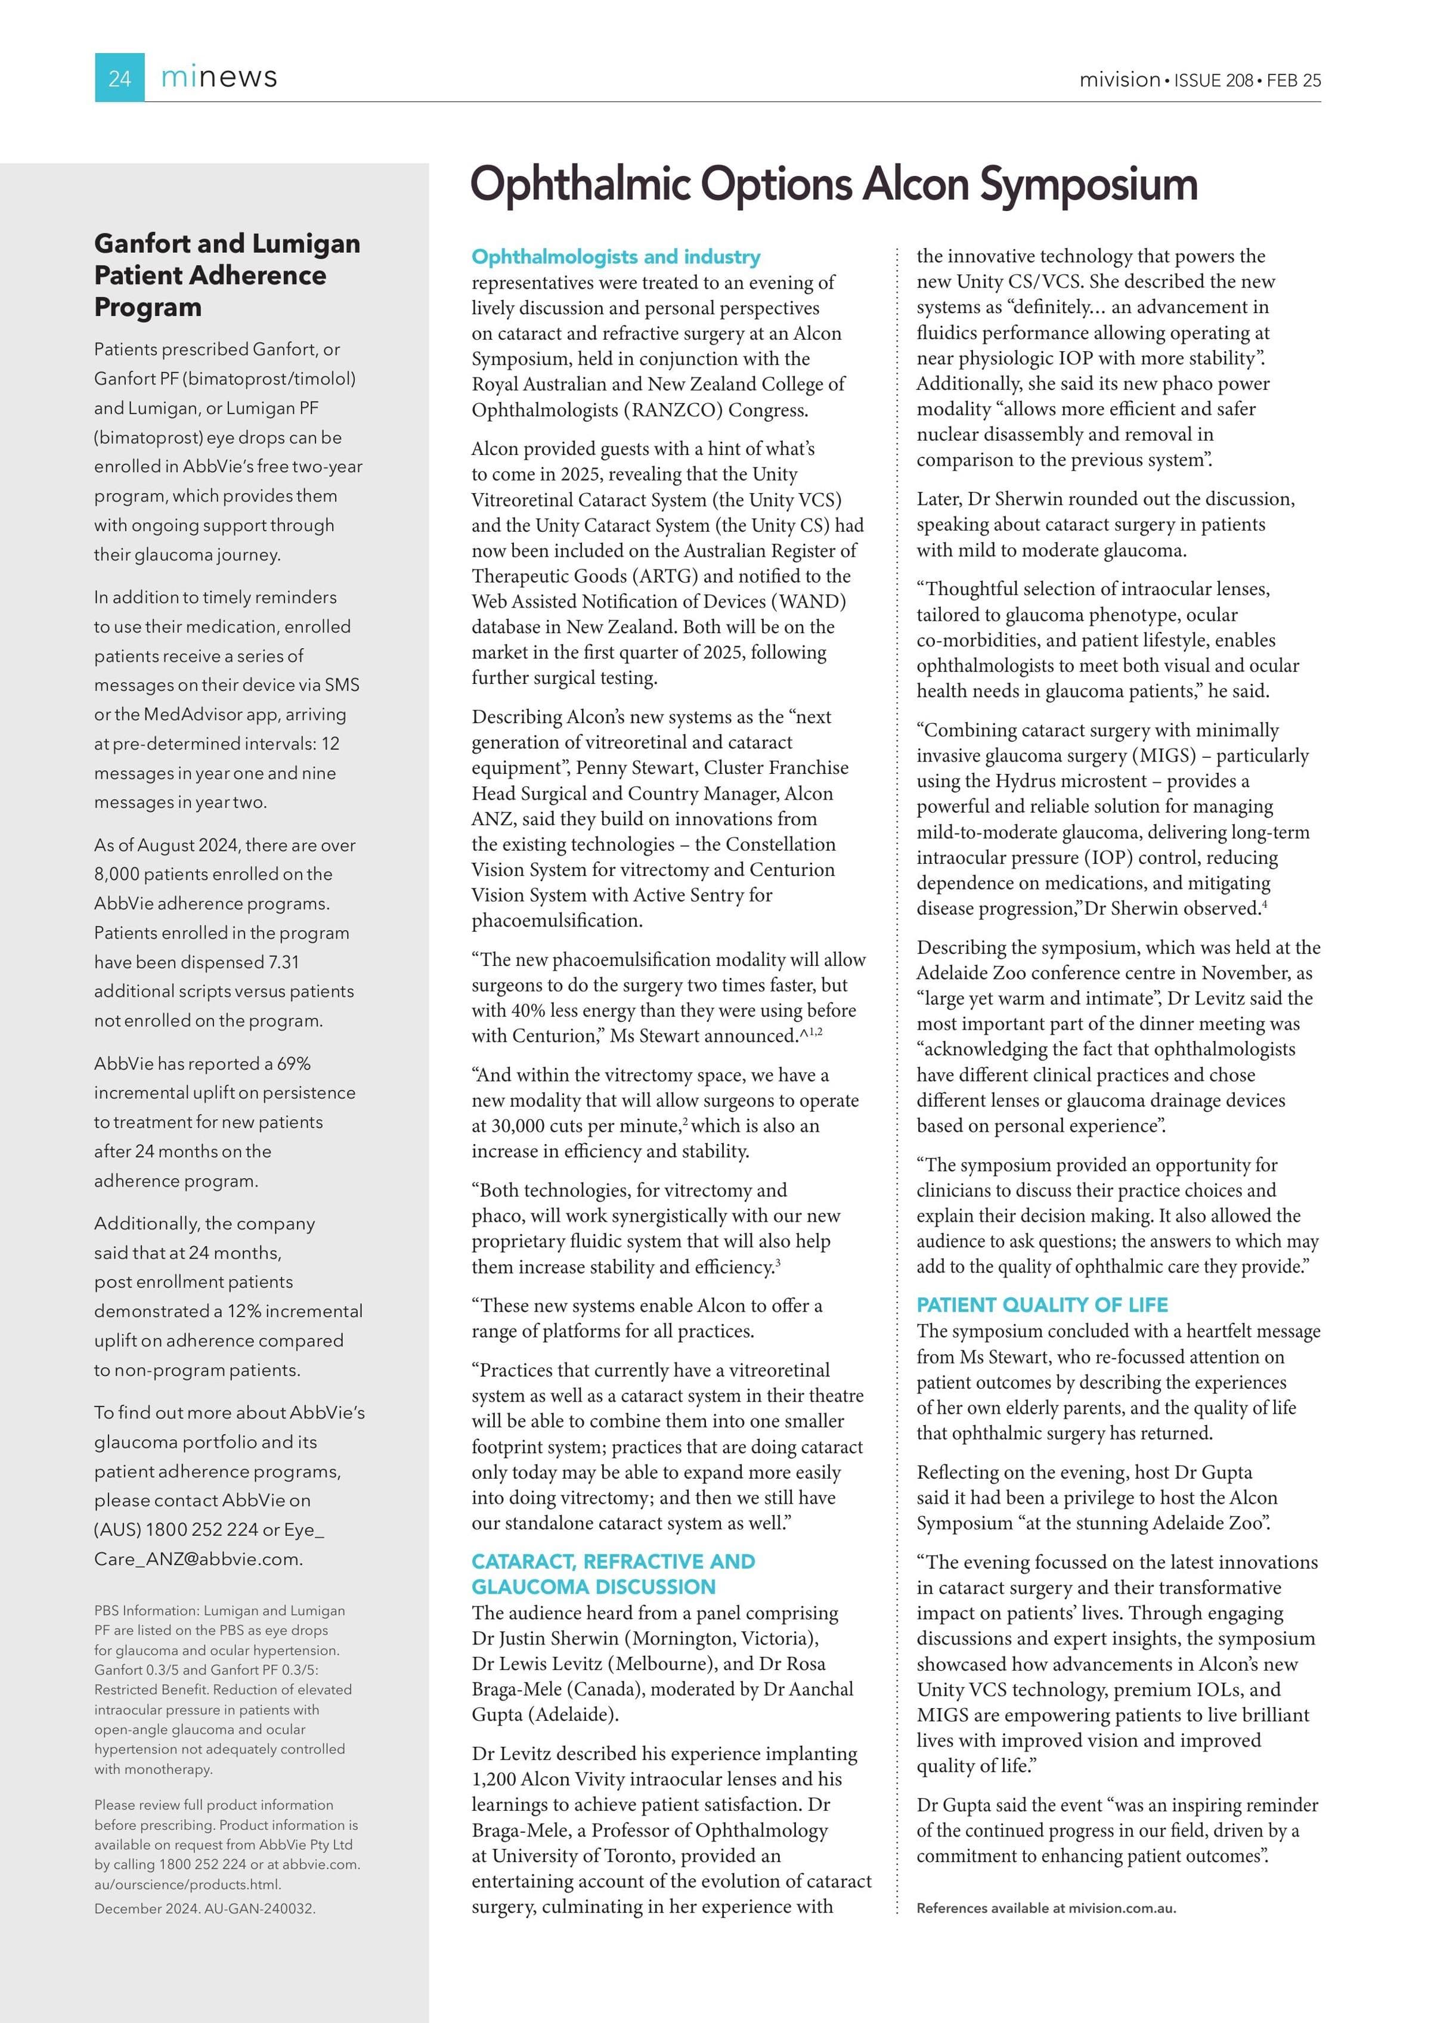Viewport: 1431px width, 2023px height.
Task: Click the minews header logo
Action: [219, 78]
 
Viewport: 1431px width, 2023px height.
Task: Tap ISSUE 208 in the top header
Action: [1213, 80]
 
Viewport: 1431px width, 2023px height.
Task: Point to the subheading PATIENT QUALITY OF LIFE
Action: [1042, 1305]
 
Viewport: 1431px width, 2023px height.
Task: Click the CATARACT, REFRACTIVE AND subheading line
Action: [612, 1562]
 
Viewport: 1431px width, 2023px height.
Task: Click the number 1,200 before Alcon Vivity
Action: [494, 1779]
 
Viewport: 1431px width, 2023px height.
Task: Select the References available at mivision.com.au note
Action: [1046, 1909]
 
